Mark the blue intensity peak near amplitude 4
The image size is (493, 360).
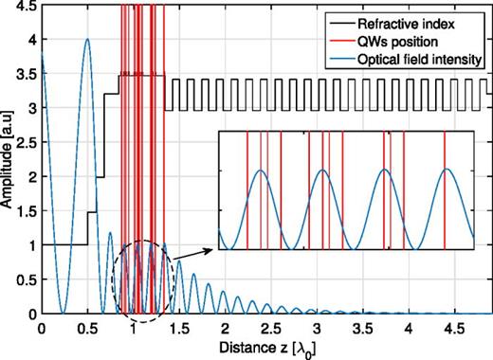pyautogui.click(x=86, y=41)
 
